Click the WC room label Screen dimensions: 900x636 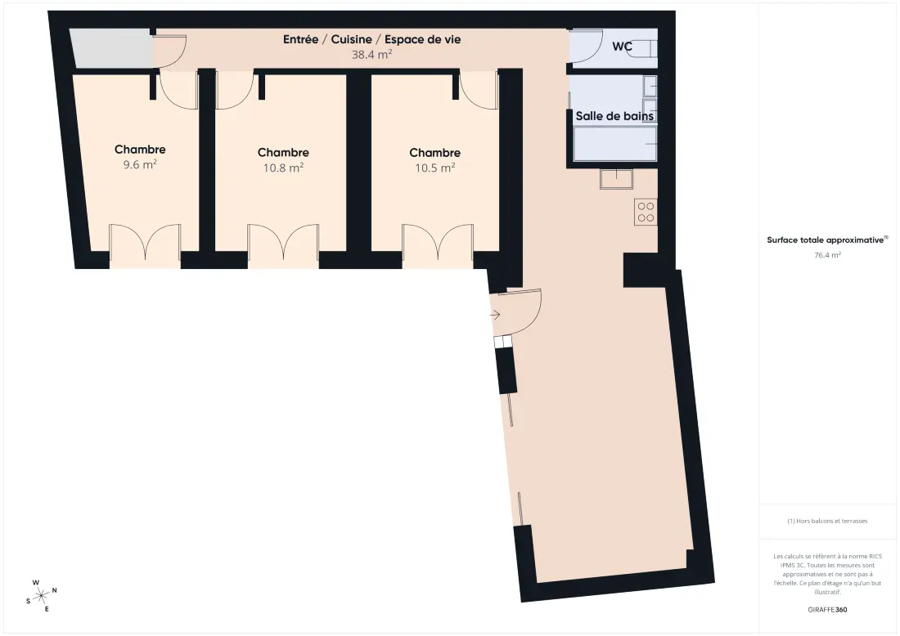(622, 46)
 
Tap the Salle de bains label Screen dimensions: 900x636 (614, 116)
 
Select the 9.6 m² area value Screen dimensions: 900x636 (140, 164)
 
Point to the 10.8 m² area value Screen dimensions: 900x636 (284, 168)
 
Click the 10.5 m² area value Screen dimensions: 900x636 (435, 168)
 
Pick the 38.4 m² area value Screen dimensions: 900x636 (372, 55)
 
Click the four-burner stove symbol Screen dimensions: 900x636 (646, 213)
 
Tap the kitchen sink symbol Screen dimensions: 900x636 (616, 179)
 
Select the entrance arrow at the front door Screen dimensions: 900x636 (495, 315)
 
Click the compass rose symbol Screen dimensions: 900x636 (42, 596)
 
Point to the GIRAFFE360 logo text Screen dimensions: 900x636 (827, 610)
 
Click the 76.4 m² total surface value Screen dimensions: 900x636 (827, 255)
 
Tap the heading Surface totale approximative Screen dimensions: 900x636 (826, 240)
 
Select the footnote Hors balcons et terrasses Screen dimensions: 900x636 (827, 521)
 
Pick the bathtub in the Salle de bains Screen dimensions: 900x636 (614, 143)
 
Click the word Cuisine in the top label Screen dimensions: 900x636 (351, 39)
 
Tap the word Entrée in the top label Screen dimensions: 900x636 (300, 39)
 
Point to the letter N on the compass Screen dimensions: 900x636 (55, 590)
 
